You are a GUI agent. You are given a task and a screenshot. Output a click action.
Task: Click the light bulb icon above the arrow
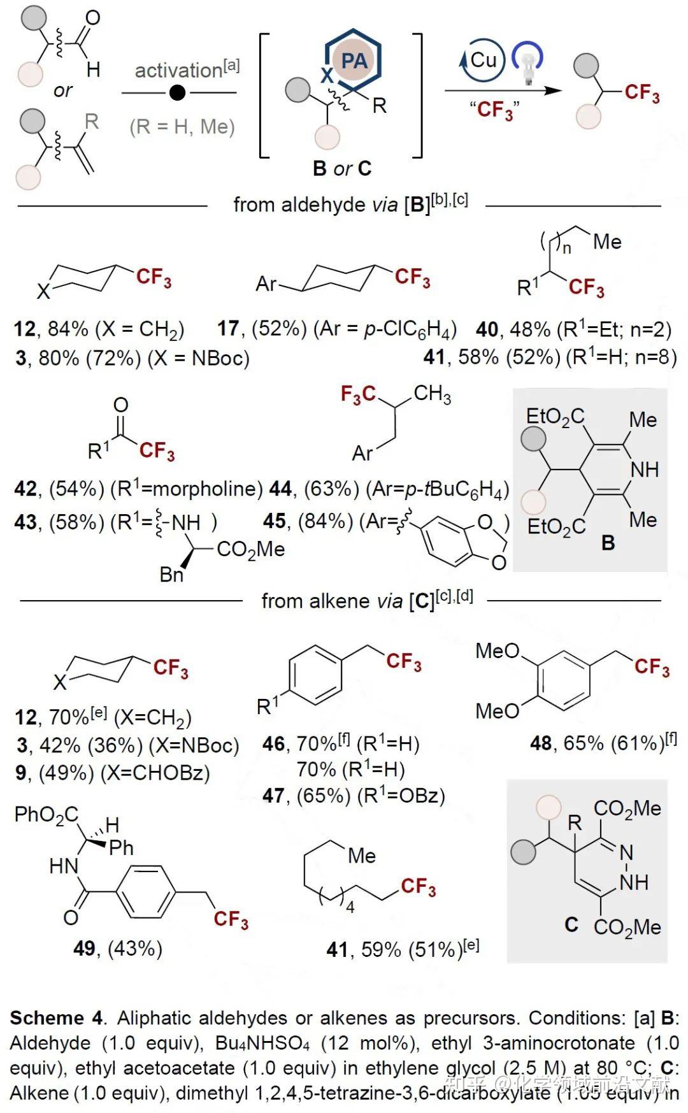527,64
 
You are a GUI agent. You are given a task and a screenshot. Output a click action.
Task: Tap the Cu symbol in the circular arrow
483,61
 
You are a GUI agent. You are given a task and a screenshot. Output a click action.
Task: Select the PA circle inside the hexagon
354,61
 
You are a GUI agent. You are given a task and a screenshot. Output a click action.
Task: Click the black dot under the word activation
178,94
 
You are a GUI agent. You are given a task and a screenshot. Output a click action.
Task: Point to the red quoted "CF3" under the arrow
495,110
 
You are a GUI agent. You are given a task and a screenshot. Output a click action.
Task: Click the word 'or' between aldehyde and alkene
62,91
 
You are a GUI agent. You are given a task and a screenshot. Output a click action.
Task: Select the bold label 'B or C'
342,169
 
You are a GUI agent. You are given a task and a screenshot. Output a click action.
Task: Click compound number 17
228,329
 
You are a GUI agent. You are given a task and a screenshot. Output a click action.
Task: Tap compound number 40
487,329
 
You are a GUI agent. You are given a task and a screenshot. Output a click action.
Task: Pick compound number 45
274,521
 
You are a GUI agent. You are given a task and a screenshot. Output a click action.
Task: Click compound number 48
540,743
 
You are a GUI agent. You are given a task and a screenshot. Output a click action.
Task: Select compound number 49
84,949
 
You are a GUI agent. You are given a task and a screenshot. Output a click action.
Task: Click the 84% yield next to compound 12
68,329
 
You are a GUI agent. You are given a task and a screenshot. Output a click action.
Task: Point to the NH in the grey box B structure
644,470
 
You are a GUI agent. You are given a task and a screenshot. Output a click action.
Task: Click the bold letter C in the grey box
571,924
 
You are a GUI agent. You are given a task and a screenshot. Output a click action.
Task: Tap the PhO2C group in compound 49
46,815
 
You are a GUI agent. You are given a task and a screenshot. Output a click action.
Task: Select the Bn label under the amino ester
171,575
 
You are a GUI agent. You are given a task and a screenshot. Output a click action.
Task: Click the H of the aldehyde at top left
93,69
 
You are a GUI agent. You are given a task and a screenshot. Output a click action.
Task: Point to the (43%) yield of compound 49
135,949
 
